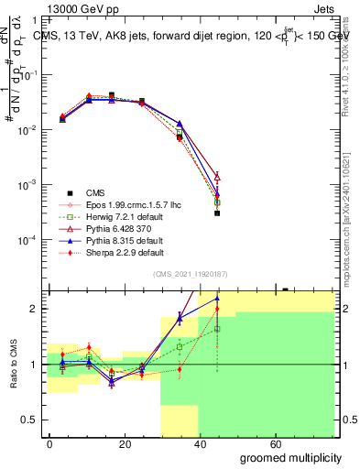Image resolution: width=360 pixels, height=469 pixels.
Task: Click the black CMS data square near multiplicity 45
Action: [x=217, y=213]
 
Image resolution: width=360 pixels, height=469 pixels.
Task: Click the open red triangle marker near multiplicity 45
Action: [x=217, y=176]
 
